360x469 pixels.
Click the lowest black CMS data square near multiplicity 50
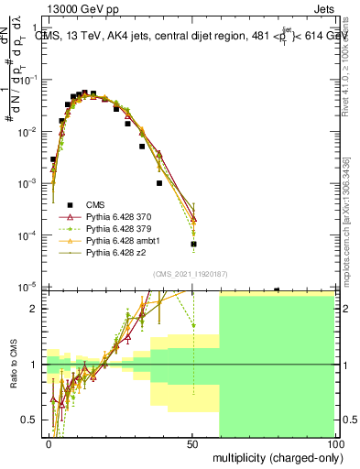[x=193, y=244]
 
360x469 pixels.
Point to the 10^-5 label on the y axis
[x=31, y=287]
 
